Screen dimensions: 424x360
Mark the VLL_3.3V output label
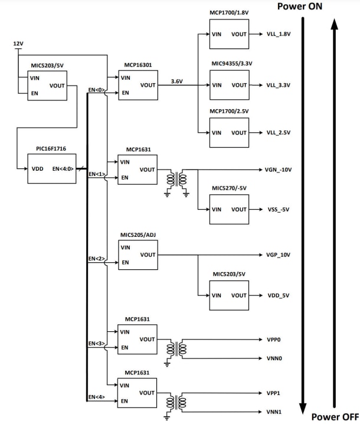tap(278, 85)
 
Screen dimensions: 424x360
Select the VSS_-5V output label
tap(278, 210)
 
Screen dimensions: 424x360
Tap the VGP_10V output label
tap(279, 255)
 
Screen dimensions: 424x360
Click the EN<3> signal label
tap(96, 343)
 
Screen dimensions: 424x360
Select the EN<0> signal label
tap(96, 89)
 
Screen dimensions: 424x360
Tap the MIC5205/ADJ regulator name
tap(138, 235)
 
